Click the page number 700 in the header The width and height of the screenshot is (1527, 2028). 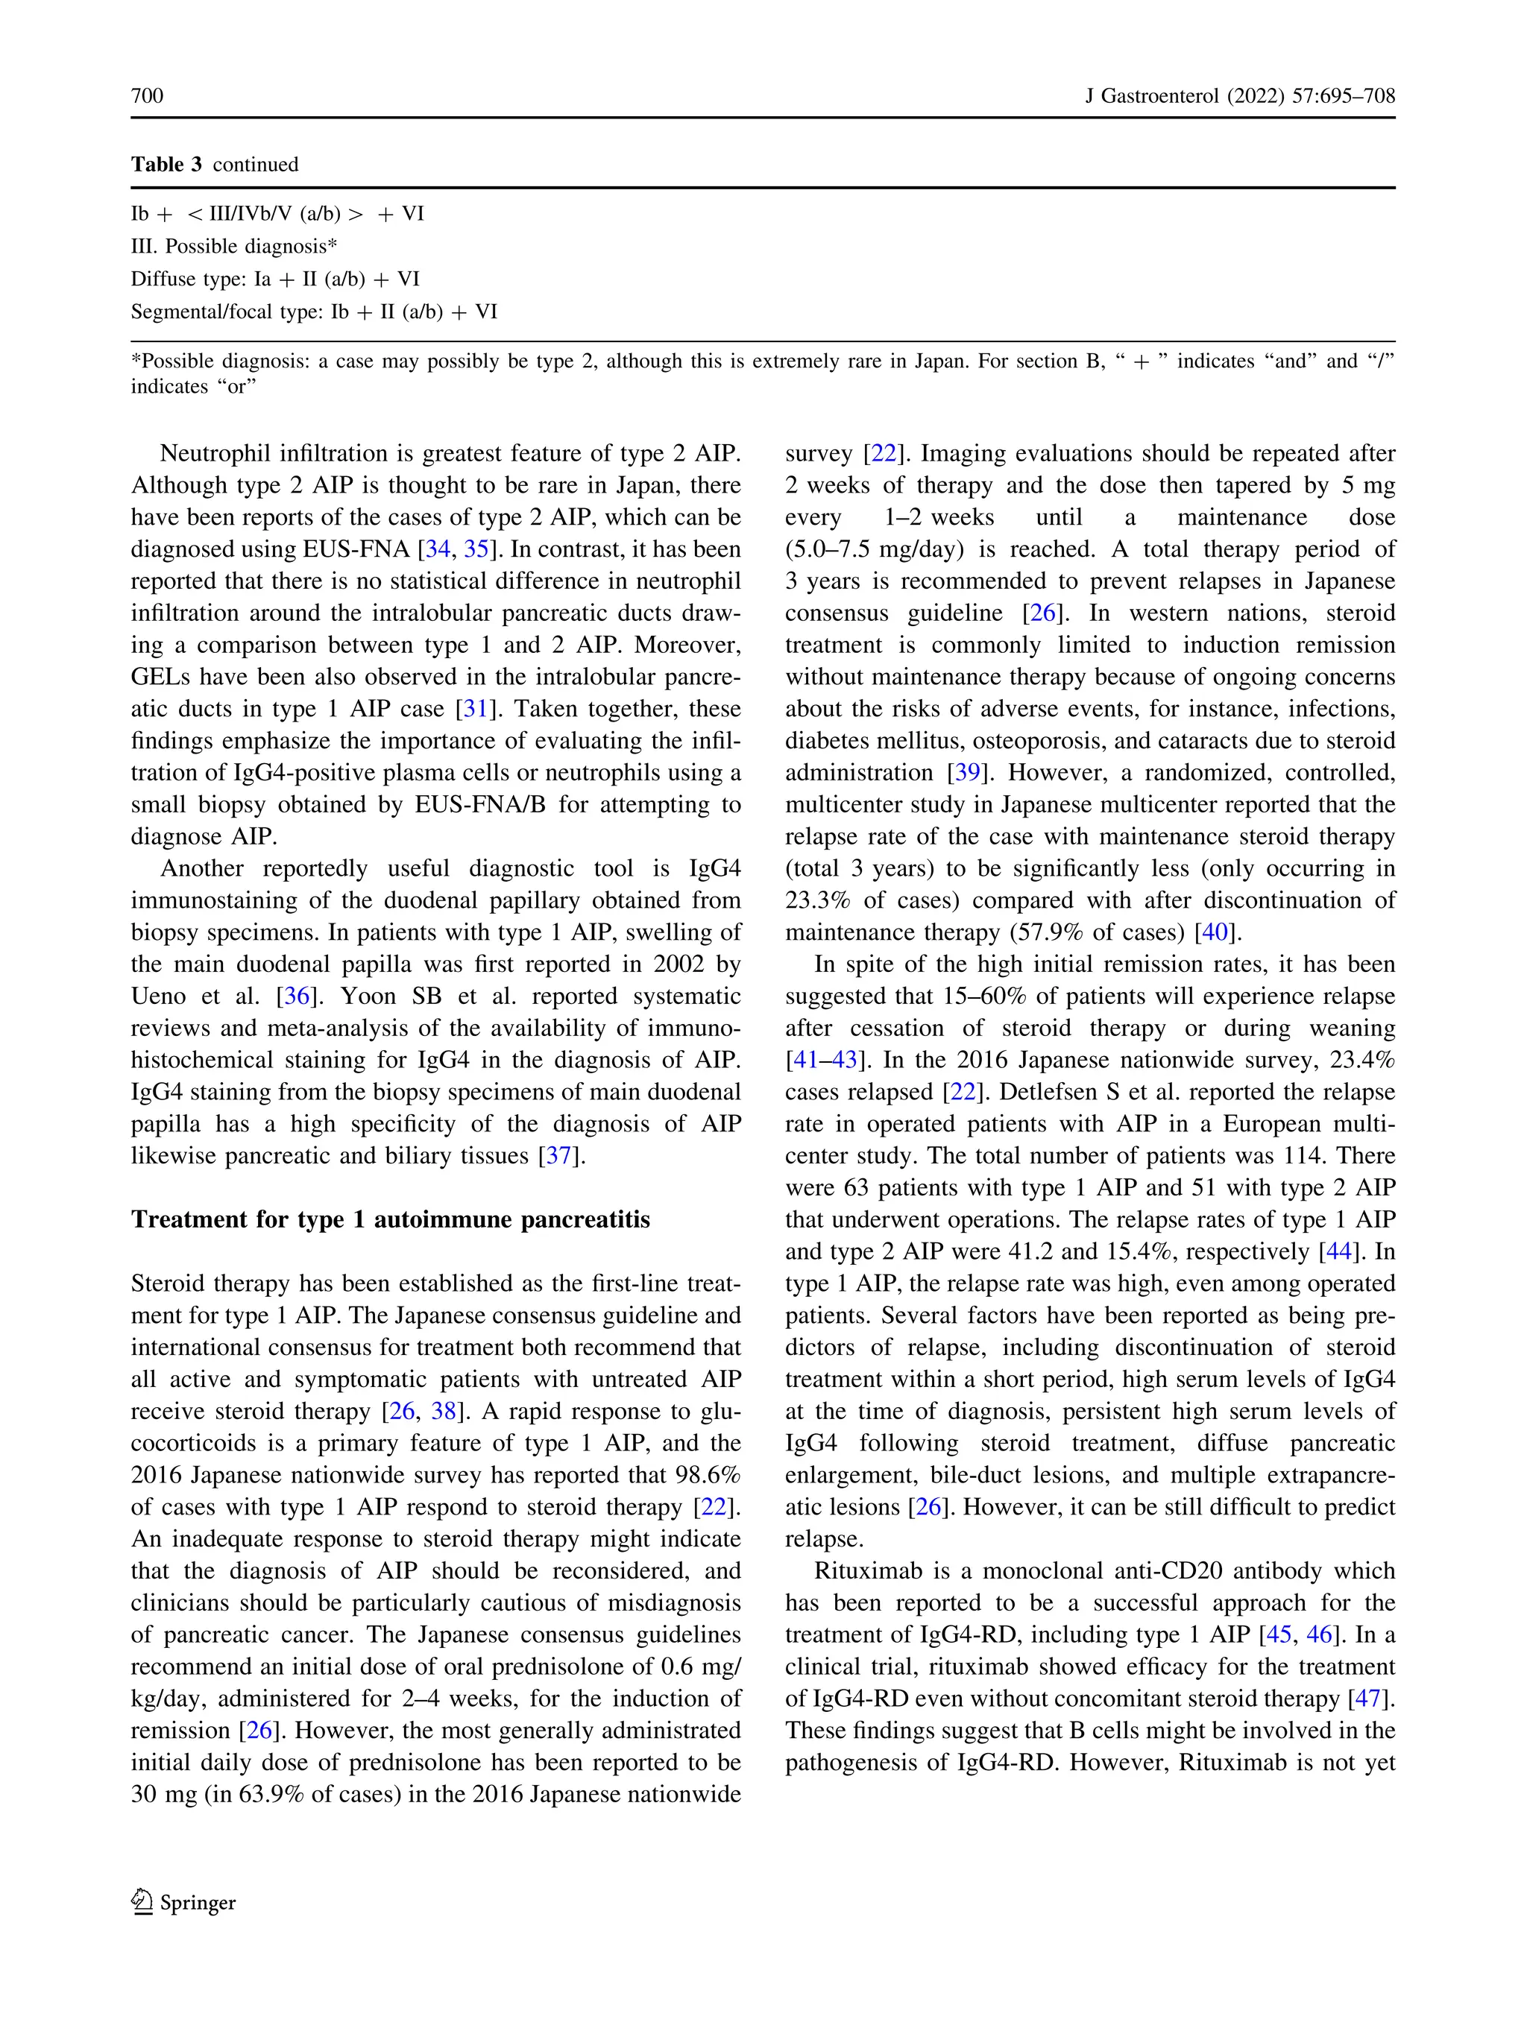147,96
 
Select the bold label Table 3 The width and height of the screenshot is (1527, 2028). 166,165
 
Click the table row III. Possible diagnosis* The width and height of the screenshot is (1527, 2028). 234,247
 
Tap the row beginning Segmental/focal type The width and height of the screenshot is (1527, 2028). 314,312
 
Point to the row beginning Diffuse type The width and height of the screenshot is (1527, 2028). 275,279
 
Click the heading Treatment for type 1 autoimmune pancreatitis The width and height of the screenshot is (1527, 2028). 390,1219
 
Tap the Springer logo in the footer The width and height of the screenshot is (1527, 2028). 183,1902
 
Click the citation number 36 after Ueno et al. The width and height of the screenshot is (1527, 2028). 295,996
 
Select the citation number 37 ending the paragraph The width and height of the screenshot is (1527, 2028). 558,1156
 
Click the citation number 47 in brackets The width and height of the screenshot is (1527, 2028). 1367,1699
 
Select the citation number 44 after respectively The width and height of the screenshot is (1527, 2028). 1338,1252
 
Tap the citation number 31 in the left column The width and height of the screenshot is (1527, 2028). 475,710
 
